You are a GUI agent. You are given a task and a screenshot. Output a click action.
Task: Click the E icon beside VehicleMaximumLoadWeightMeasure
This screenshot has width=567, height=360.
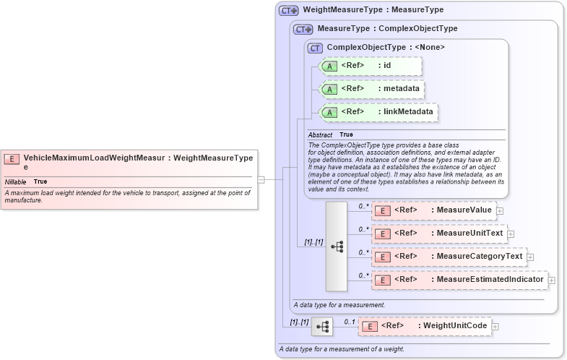click(x=12, y=158)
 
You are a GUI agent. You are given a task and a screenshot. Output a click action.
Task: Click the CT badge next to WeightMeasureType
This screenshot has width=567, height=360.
click(x=289, y=11)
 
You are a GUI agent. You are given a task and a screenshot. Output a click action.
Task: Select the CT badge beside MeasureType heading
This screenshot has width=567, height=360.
click(x=303, y=30)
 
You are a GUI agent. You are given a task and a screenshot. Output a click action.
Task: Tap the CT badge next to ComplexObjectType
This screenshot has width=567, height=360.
click(x=315, y=48)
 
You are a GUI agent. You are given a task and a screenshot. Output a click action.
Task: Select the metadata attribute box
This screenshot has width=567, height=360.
click(x=371, y=89)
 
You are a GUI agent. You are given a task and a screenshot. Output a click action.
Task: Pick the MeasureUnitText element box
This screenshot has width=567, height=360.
click(x=438, y=233)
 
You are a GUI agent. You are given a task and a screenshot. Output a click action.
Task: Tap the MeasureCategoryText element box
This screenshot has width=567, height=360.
click(x=448, y=257)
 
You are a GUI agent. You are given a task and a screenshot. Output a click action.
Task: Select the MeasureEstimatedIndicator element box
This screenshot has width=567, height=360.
click(x=459, y=280)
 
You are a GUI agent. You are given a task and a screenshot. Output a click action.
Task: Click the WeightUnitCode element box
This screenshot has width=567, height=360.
click(x=425, y=327)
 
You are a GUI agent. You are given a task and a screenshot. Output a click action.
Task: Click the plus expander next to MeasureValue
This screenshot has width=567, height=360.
click(x=499, y=210)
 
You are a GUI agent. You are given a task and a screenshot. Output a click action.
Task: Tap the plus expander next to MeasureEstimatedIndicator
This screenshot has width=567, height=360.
click(x=552, y=280)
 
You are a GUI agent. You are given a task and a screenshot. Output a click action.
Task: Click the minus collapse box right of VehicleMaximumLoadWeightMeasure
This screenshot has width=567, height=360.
click(x=261, y=179)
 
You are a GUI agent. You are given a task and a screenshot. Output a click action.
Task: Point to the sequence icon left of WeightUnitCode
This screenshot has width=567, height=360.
click(x=321, y=327)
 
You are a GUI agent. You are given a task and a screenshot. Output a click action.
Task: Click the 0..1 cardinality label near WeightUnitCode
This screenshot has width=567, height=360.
click(x=349, y=322)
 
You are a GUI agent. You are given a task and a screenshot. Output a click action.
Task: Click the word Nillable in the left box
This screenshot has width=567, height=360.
click(x=16, y=181)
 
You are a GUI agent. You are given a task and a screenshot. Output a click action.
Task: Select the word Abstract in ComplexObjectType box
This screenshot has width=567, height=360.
click(x=320, y=135)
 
